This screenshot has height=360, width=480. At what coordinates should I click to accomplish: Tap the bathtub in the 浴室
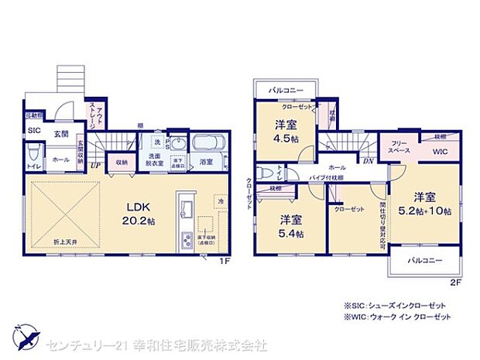[207, 144]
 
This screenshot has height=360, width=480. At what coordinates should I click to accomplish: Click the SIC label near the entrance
[34, 131]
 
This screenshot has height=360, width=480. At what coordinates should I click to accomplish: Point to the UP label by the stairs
[95, 164]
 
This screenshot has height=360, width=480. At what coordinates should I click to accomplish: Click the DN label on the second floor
[369, 161]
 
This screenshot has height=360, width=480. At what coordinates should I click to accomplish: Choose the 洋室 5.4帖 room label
[291, 227]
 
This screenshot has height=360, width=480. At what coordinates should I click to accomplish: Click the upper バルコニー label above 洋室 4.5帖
[285, 90]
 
